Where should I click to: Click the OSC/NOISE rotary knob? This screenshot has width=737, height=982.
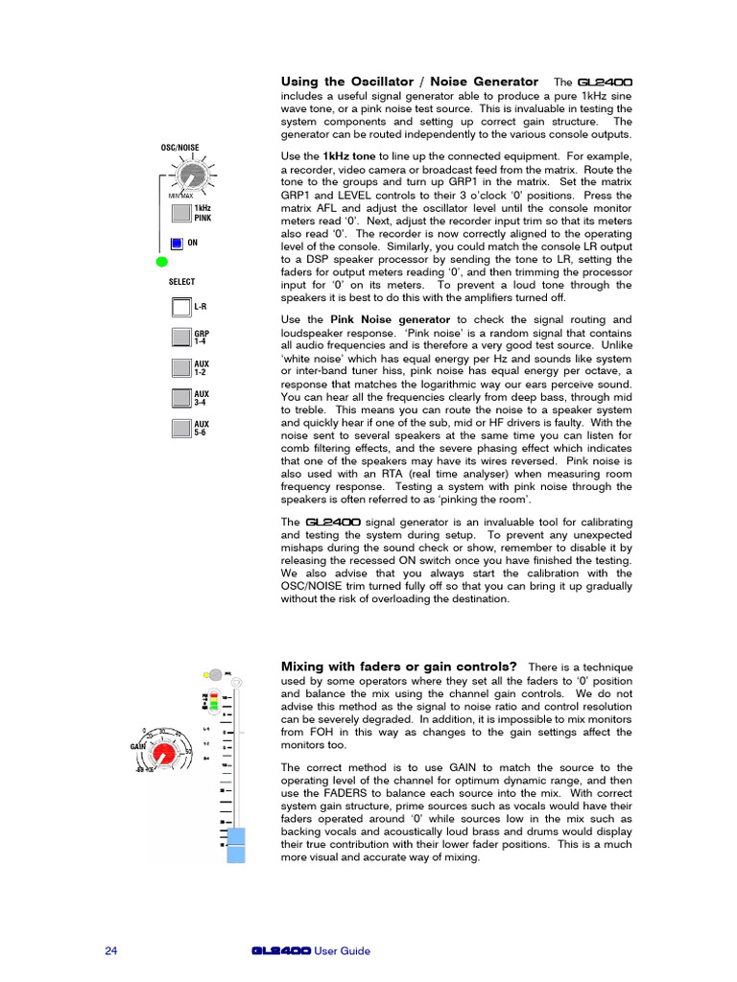coord(192,175)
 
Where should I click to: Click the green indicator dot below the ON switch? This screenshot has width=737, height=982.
coord(161,262)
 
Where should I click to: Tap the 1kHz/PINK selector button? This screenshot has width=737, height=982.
coord(181,212)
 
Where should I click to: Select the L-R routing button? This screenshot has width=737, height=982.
coord(181,307)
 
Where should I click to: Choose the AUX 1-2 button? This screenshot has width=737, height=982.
coord(181,368)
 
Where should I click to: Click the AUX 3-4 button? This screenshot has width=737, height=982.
coord(181,398)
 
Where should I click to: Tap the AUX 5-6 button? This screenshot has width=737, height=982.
coord(181,429)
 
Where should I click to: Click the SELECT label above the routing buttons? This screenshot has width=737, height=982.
coord(181,282)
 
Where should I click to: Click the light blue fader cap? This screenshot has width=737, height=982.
coord(236,848)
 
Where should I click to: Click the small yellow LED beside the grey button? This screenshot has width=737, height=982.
coord(205,675)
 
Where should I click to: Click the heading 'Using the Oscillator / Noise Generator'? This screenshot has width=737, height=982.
coord(409,82)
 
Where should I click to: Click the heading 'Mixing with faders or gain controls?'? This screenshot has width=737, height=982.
coord(398,666)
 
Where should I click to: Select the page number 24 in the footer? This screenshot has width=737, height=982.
coord(110,951)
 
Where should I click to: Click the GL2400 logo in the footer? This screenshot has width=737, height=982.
coord(280,951)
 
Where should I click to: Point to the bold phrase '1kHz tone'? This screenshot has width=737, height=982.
coord(349,155)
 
